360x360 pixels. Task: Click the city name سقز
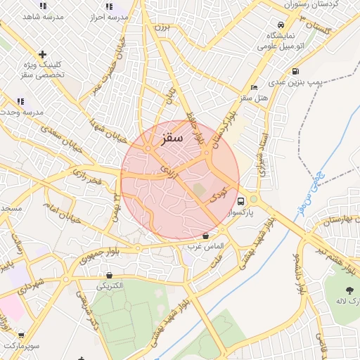pyautogui.click(x=172, y=139)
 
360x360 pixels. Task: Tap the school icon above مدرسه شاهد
pyautogui.click(x=43, y=6)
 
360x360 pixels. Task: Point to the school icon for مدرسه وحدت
pyautogui.click(x=20, y=101)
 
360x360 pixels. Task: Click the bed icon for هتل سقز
pyautogui.click(x=254, y=86)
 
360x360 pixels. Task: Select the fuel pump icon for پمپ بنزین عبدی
pyautogui.click(x=295, y=71)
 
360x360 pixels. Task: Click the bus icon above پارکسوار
pyautogui.click(x=241, y=199)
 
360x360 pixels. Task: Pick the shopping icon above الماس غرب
pyautogui.click(x=205, y=236)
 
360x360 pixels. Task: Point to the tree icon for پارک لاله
pyautogui.click(x=349, y=290)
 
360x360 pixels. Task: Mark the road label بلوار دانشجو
pyautogui.click(x=300, y=270)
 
